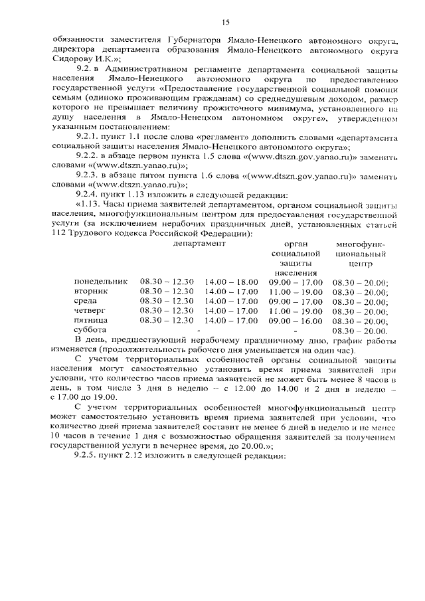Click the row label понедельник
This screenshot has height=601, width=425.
[x=100, y=282]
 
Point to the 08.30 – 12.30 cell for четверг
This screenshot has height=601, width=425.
[x=167, y=311]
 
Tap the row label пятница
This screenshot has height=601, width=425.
[x=91, y=320]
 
